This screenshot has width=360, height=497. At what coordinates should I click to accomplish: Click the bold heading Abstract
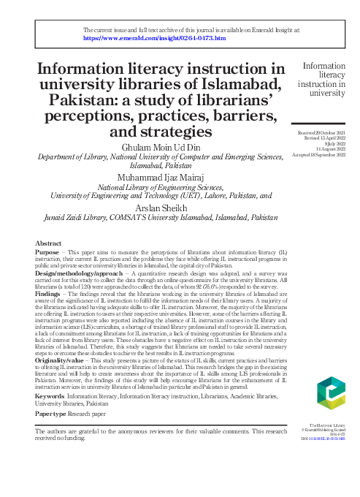click(49, 242)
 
